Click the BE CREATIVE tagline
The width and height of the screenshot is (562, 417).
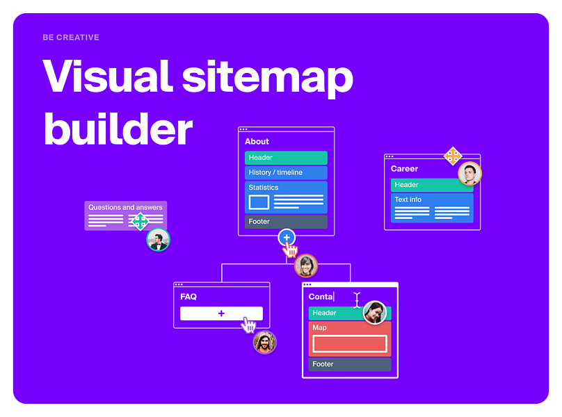[71, 38]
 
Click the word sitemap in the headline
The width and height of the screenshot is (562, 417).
[268, 79]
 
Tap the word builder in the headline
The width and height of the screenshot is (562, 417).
[118, 129]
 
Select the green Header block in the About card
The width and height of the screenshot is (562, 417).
[286, 158]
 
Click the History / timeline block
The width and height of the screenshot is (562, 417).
[286, 172]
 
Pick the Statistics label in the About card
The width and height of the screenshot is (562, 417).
[264, 188]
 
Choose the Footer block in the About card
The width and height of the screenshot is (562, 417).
[286, 222]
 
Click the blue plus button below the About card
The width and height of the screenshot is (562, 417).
[287, 238]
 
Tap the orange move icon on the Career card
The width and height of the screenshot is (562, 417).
[453, 156]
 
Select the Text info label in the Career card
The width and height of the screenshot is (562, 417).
[408, 199]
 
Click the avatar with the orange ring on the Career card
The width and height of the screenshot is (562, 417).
[470, 174]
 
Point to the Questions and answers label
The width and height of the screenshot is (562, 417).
[125, 207]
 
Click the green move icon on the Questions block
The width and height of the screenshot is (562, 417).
[140, 222]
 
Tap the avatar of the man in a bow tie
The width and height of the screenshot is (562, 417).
[158, 240]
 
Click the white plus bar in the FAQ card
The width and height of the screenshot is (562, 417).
[221, 313]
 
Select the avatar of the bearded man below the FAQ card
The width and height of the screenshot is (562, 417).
[265, 342]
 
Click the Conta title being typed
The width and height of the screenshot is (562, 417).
[321, 297]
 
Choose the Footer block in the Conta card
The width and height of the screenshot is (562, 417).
[350, 364]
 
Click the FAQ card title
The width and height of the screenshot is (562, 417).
[188, 297]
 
